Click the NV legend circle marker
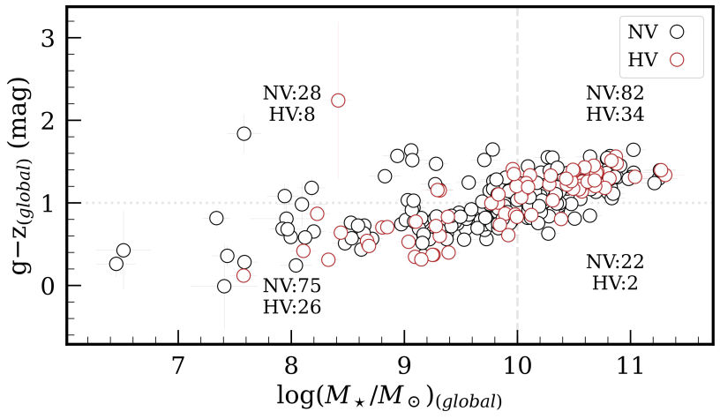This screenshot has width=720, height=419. (x=677, y=32)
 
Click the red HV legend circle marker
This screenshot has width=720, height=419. (x=677, y=60)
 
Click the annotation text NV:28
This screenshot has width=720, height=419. (x=291, y=94)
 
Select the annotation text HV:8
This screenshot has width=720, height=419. (x=291, y=114)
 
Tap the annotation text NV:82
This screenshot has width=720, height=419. (x=615, y=94)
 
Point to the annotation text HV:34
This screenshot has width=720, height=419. (x=615, y=114)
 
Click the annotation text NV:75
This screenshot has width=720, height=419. (x=291, y=286)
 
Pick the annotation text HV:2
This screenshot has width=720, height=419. (x=615, y=282)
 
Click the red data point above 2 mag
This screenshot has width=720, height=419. (x=338, y=101)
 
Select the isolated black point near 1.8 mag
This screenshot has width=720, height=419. (x=244, y=133)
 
